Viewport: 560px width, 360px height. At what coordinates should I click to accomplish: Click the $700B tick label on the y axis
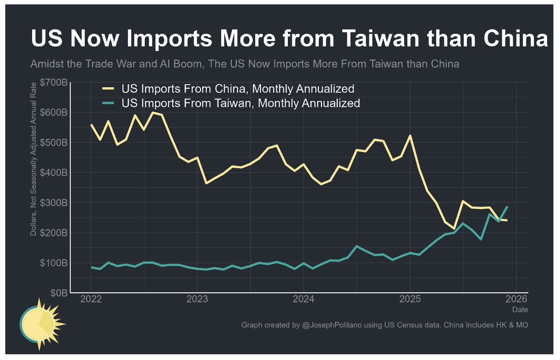pyautogui.click(x=53, y=82)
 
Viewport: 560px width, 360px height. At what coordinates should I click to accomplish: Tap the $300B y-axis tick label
pyautogui.click(x=53, y=202)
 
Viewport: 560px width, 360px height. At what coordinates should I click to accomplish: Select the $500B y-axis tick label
pyautogui.click(x=53, y=143)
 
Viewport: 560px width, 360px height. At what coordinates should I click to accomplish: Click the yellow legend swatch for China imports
pyautogui.click(x=108, y=89)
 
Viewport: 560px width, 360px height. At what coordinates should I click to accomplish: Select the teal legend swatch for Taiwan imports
pyautogui.click(x=108, y=103)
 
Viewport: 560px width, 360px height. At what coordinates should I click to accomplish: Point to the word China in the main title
pyautogui.click(x=515, y=39)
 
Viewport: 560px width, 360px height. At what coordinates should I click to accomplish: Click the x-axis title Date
pyautogui.click(x=520, y=310)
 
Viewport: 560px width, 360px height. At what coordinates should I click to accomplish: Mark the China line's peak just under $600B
pyautogui.click(x=153, y=113)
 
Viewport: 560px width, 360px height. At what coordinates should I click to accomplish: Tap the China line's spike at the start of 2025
pyautogui.click(x=410, y=136)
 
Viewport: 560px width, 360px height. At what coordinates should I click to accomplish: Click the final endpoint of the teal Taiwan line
pyautogui.click(x=507, y=206)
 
